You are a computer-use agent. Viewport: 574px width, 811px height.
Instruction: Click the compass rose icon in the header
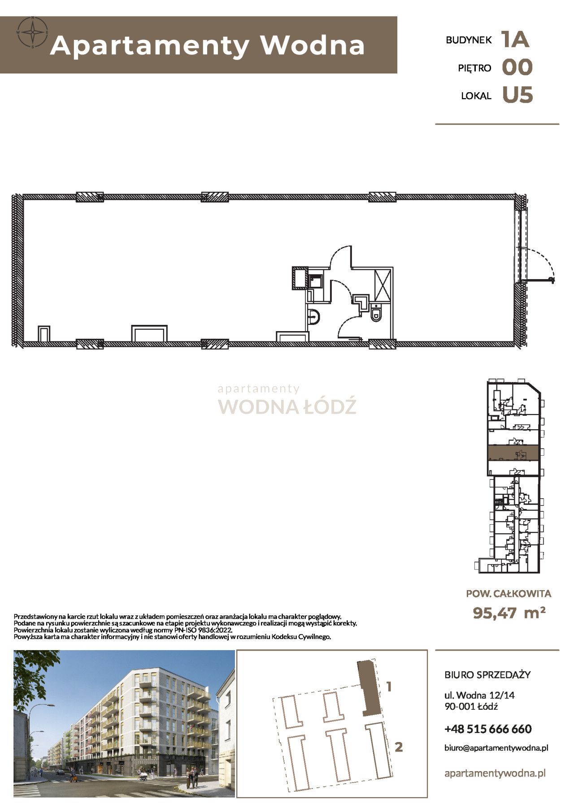click(x=32, y=32)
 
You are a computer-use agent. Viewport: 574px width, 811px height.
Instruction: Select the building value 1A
click(x=516, y=39)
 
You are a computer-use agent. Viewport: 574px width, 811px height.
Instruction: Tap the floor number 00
click(x=517, y=68)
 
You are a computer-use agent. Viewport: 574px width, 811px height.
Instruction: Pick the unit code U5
click(x=517, y=95)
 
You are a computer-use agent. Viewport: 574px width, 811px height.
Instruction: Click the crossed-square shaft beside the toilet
click(x=383, y=285)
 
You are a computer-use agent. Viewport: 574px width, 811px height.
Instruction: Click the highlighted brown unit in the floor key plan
click(x=512, y=453)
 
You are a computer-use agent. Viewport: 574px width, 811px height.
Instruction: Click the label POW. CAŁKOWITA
click(x=509, y=594)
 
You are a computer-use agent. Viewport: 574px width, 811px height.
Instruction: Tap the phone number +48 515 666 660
click(x=488, y=729)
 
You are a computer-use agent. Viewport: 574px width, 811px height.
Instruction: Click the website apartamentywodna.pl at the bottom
click(x=495, y=773)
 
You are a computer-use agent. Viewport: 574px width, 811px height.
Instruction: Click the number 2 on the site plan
click(x=398, y=746)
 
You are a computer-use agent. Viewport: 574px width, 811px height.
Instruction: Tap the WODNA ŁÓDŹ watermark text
click(x=287, y=406)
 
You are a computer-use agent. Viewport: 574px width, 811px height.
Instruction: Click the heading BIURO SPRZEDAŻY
click(x=487, y=674)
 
